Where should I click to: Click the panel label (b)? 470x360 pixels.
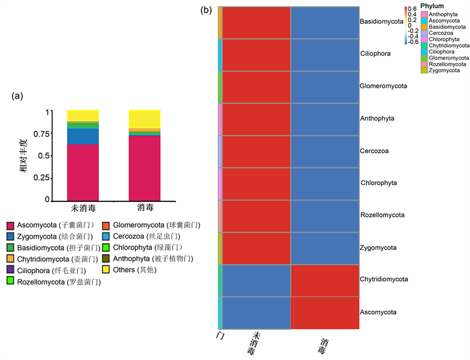(x=206, y=10)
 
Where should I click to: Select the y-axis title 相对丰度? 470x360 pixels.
(x=25, y=156)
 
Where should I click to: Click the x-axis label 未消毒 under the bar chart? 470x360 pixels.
(x=83, y=208)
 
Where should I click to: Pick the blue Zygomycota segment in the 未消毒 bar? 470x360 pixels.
(x=83, y=136)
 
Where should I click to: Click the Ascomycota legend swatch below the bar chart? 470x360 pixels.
(x=11, y=225)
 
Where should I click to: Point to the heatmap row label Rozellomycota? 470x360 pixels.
(x=382, y=215)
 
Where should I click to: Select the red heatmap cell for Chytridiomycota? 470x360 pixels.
(x=324, y=280)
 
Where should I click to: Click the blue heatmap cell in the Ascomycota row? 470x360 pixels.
(x=256, y=312)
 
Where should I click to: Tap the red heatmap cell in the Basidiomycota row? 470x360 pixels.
(x=256, y=23)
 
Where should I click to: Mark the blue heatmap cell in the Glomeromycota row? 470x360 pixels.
(x=324, y=87)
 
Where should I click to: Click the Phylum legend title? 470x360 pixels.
(x=432, y=6)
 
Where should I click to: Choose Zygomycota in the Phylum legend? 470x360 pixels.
(x=447, y=70)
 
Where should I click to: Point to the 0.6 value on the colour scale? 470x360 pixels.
(x=411, y=9)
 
